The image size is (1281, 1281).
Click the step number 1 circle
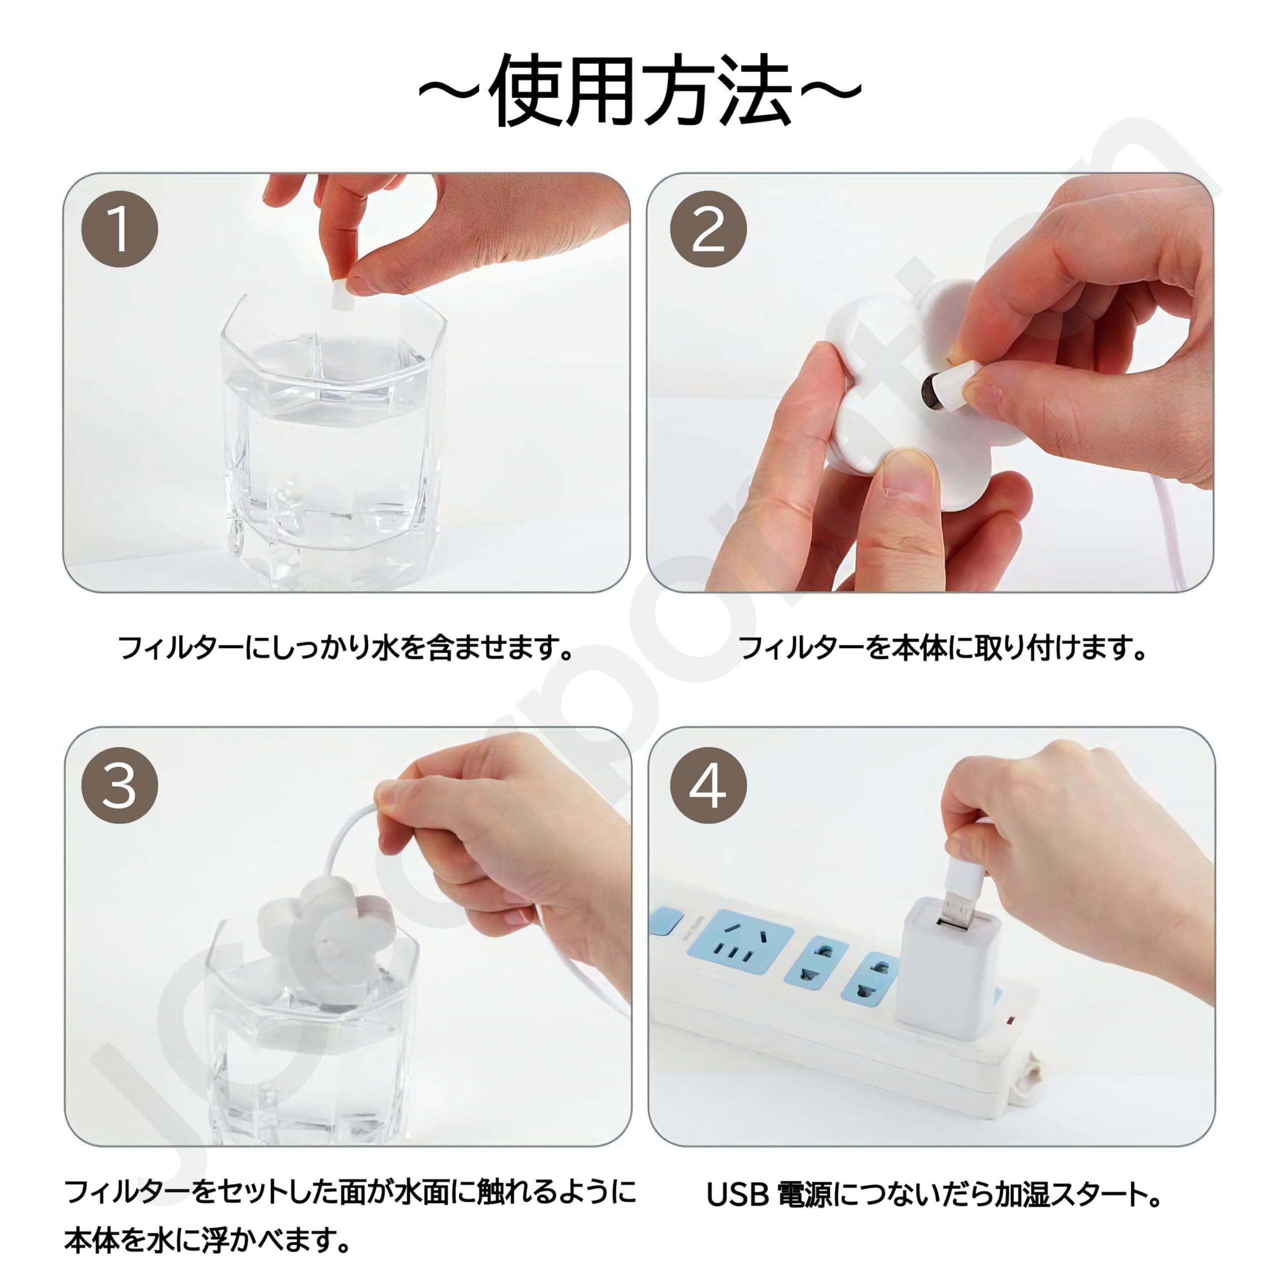(120, 229)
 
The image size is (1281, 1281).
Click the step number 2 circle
(708, 229)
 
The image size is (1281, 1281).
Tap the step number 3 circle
(120, 786)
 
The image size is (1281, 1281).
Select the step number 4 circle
(708, 786)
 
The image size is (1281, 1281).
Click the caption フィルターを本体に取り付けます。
(942, 648)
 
